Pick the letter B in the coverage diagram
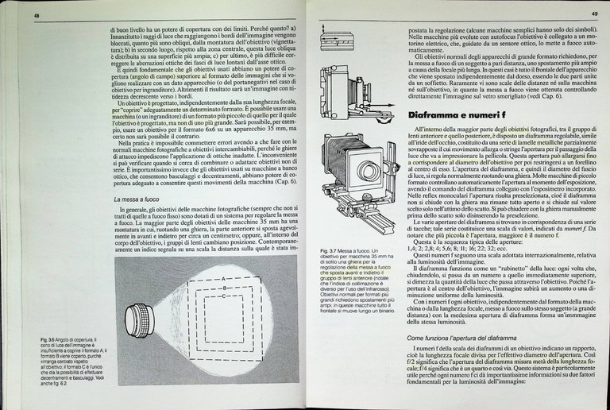click(224, 286)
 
